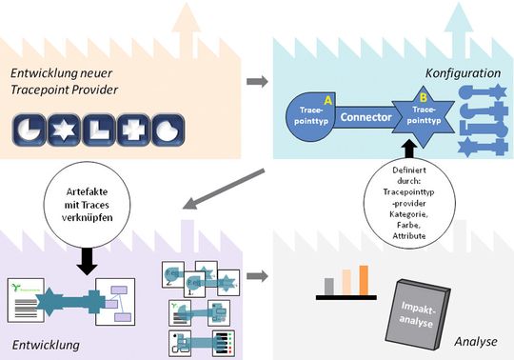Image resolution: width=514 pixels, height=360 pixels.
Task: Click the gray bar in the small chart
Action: pyautogui.click(x=329, y=286)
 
